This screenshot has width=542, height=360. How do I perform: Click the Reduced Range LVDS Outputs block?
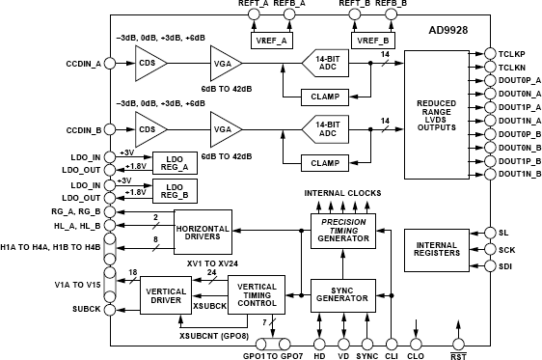(x=435, y=112)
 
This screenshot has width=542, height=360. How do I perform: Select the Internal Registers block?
(x=437, y=250)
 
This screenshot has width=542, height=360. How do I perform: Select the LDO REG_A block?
(x=175, y=162)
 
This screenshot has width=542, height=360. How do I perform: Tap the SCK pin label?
(x=507, y=249)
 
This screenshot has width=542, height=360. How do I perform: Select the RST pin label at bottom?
(x=458, y=354)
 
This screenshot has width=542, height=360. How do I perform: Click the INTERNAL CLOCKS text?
(x=342, y=193)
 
